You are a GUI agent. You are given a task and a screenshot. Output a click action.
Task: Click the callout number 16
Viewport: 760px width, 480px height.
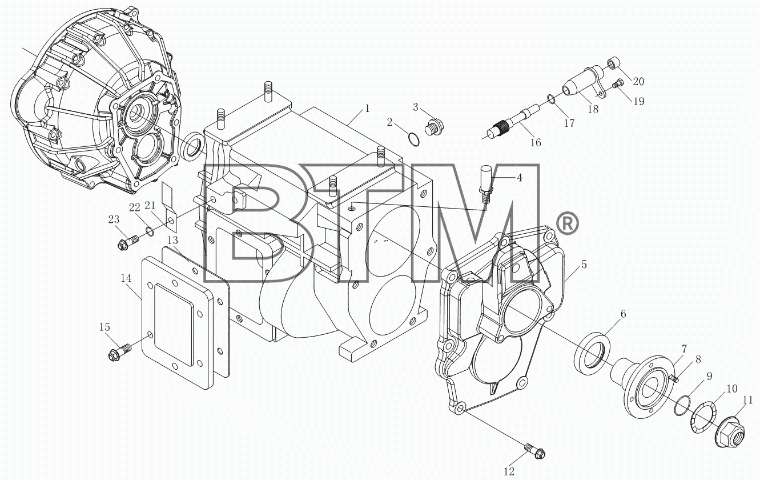pos(536,142)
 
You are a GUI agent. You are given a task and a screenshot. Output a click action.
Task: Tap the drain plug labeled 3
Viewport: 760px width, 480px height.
pos(434,126)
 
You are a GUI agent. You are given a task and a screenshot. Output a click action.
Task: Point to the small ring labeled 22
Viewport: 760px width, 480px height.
pos(149,231)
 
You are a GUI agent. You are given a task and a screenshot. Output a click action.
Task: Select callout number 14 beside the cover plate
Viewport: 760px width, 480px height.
pos(126,278)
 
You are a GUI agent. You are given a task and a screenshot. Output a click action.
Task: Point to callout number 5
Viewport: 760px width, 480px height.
pos(584,265)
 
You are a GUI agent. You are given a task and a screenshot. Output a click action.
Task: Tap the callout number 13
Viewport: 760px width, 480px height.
pos(172,241)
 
